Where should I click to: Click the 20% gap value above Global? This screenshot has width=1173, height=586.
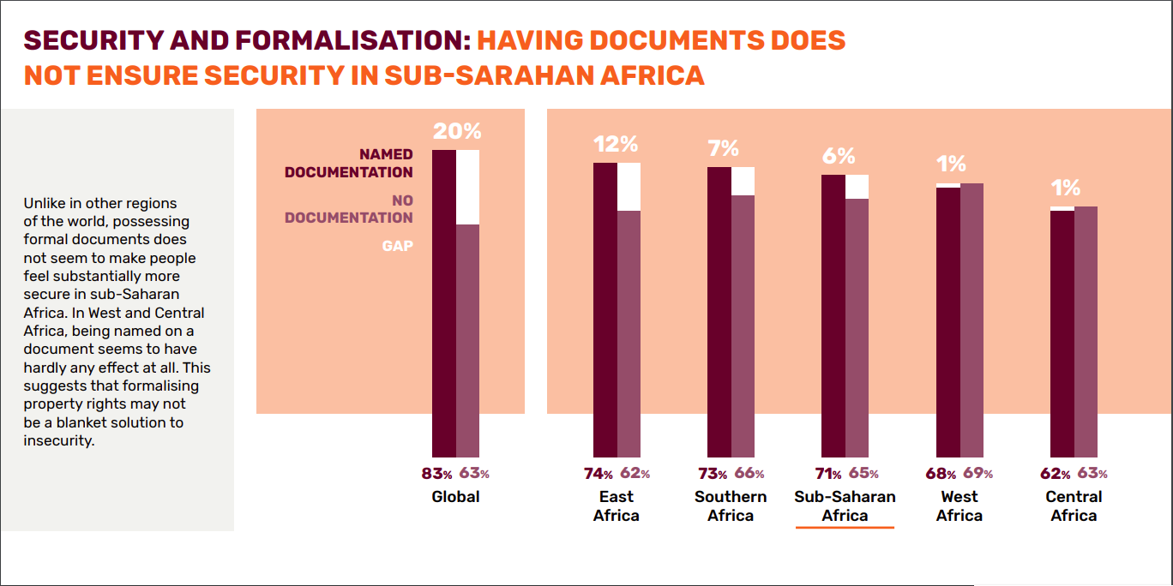point(456,131)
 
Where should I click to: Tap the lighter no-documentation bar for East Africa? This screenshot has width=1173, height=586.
point(629,333)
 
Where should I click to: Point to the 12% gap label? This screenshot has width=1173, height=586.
point(617,144)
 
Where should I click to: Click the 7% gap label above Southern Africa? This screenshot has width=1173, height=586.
point(723,148)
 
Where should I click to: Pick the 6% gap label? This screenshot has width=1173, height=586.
point(838,156)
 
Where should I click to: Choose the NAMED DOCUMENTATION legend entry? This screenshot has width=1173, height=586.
point(349,164)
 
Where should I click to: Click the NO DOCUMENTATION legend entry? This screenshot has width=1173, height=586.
point(349,209)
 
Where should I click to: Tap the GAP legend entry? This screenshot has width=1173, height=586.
point(397,246)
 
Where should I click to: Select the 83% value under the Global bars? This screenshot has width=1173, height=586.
point(436,474)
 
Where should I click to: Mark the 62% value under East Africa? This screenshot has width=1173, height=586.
point(635,474)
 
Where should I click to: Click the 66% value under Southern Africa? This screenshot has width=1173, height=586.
point(749,474)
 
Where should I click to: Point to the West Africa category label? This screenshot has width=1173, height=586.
point(959,505)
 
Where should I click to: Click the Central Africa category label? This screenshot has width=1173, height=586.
point(1074,505)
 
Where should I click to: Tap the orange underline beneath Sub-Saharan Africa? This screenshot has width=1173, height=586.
point(845,528)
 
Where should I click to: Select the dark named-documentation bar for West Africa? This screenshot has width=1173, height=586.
point(947,321)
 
